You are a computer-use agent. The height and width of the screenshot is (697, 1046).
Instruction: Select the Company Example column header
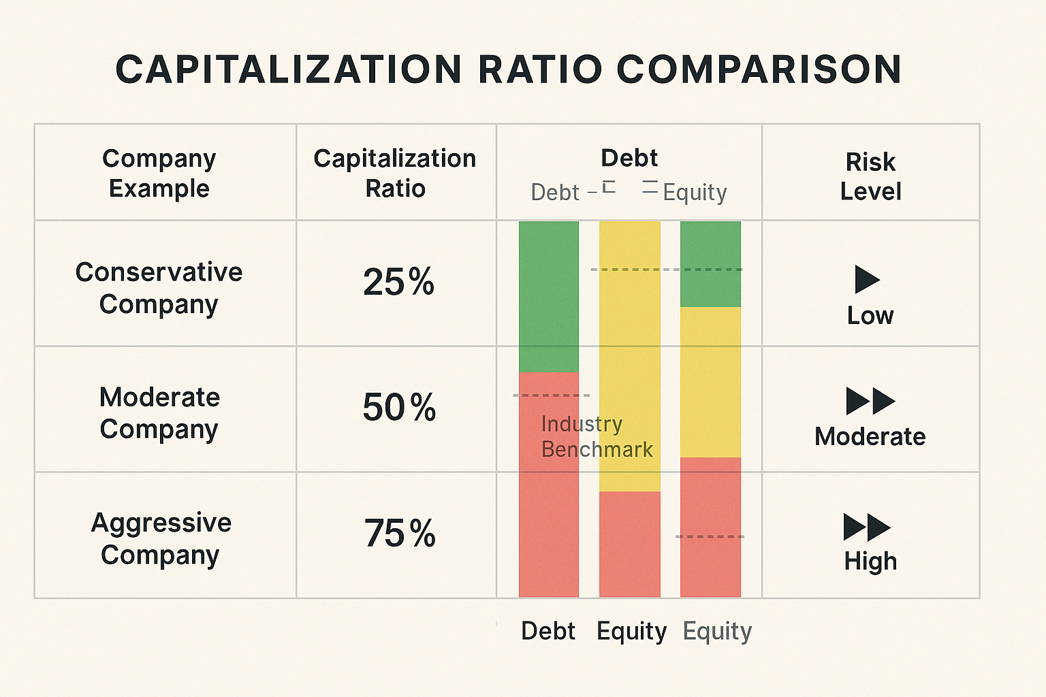[x=159, y=173]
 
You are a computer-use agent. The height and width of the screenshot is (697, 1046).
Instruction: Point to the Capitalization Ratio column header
[x=395, y=173]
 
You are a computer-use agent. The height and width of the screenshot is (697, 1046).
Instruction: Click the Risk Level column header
[x=870, y=176]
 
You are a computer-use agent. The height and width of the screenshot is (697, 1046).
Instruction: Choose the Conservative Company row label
[x=159, y=287]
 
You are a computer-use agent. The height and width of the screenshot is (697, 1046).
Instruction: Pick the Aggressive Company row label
[x=161, y=538]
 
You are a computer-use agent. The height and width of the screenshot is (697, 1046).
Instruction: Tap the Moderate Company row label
[x=159, y=412]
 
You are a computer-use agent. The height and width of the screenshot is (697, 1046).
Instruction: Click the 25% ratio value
[x=398, y=282]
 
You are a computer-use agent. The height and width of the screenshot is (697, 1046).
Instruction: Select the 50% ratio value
[x=398, y=408]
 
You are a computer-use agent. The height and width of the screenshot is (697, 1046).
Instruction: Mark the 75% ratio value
[x=399, y=533]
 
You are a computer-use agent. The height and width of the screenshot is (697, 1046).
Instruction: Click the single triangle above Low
[x=866, y=280]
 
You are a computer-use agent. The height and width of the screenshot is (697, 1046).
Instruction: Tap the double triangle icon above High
[x=867, y=527]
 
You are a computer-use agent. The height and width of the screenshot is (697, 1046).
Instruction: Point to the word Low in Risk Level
[x=870, y=316]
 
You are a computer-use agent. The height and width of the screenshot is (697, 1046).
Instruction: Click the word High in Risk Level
[x=870, y=562]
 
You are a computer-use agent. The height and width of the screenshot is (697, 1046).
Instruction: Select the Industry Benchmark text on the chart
[x=596, y=437]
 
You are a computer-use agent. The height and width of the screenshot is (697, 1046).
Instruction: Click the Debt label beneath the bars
[x=548, y=631]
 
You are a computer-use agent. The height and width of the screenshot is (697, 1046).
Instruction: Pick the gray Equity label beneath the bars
[x=717, y=631]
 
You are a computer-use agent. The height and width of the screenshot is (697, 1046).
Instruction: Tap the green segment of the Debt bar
[x=548, y=296]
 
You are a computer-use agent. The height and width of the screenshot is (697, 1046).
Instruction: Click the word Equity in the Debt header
[x=695, y=193]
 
